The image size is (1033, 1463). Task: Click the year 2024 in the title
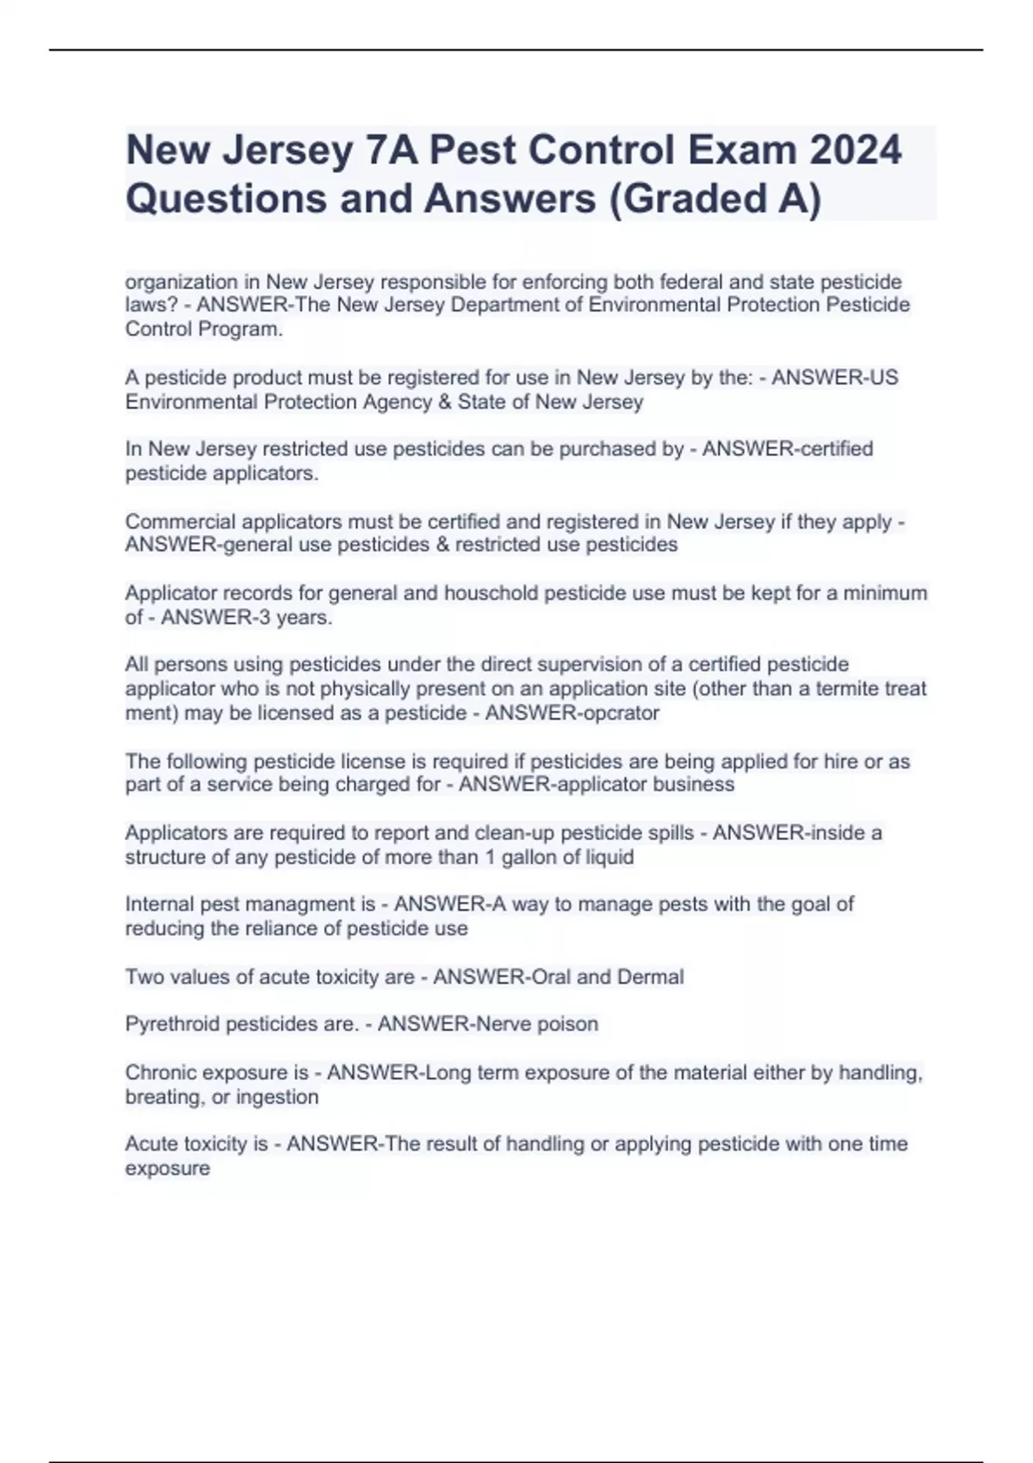(x=855, y=150)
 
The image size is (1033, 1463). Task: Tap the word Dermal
(x=651, y=978)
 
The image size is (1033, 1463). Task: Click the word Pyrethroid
(x=172, y=1024)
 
